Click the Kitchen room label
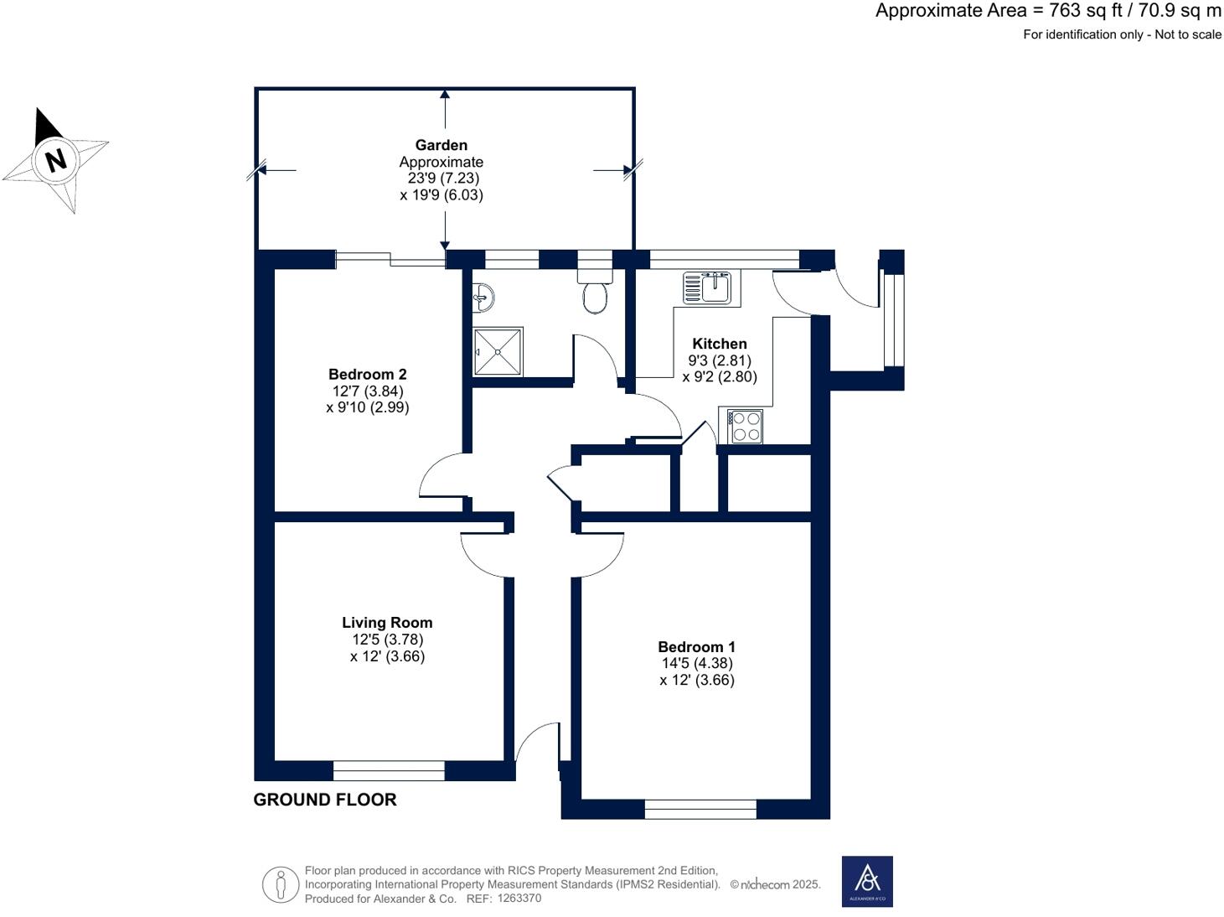click(x=719, y=344)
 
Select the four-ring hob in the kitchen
click(x=745, y=427)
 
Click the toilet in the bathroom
click(x=595, y=290)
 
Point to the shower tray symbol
click(x=498, y=351)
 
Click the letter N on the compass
click(x=56, y=160)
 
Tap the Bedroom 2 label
click(x=368, y=375)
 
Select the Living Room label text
click(x=387, y=623)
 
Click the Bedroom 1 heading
click(x=696, y=647)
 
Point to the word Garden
click(x=441, y=145)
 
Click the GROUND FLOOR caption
click(x=325, y=800)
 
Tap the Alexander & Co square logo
click(x=867, y=882)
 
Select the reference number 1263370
click(x=519, y=899)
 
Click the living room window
click(x=389, y=771)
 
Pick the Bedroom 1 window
click(x=700, y=810)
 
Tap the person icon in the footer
click(x=281, y=885)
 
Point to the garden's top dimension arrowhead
click(x=444, y=94)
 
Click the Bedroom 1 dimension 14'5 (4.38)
click(x=697, y=663)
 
